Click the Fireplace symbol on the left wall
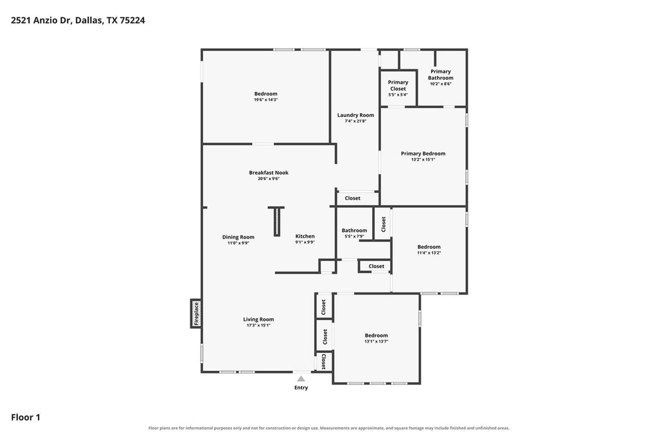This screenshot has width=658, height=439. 196,313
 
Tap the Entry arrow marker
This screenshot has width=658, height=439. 301,379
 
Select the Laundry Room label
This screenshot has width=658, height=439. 355,115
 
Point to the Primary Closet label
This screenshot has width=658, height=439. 398,85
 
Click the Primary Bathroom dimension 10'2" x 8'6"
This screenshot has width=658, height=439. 441,84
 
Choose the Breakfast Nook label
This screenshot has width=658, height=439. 269,172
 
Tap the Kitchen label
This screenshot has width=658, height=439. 305,237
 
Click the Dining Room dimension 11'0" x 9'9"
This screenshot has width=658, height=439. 238,243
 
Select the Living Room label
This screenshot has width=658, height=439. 258,319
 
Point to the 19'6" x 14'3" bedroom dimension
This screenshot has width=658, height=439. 265,100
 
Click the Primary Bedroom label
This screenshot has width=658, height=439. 423,154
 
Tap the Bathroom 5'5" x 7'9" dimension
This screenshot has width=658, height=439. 354,237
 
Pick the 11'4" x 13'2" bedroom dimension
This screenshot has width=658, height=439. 429,253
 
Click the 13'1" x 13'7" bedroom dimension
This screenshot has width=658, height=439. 377,342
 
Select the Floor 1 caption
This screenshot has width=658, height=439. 26,417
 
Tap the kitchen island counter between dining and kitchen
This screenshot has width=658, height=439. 276,221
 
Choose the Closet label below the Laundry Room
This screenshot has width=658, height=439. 353,198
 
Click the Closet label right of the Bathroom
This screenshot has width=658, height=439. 384,224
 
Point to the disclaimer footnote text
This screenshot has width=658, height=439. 329,428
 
